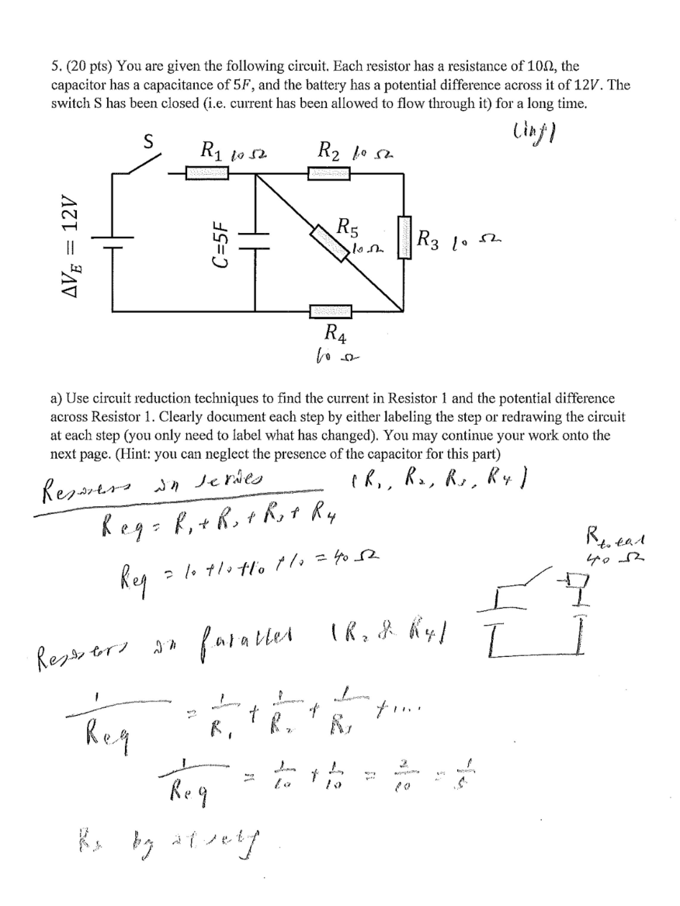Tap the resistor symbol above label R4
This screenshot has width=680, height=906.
coord(329,311)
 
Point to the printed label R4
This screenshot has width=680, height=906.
coord(331,335)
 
